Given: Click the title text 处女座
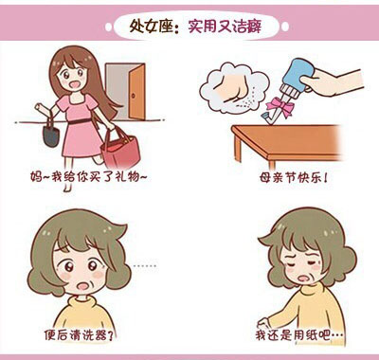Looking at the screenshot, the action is (152, 26).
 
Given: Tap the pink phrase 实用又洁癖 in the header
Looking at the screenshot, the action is (226, 27).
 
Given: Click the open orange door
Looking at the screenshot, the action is (137, 92).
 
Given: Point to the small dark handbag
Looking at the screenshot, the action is (51, 132).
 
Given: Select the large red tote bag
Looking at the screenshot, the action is (120, 151).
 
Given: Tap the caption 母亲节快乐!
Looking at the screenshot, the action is (294, 178).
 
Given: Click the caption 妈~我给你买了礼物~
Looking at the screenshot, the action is (89, 176).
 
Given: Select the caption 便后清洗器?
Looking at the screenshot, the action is (79, 334).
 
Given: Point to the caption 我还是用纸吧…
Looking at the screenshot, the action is (299, 334).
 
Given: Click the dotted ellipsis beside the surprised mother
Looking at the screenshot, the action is (144, 266).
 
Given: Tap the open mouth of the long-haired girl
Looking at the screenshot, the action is (75, 84).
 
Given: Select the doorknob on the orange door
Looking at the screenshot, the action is (133, 95).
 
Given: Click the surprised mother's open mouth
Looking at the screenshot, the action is (83, 286).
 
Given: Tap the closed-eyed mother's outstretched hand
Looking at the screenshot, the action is (262, 322).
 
